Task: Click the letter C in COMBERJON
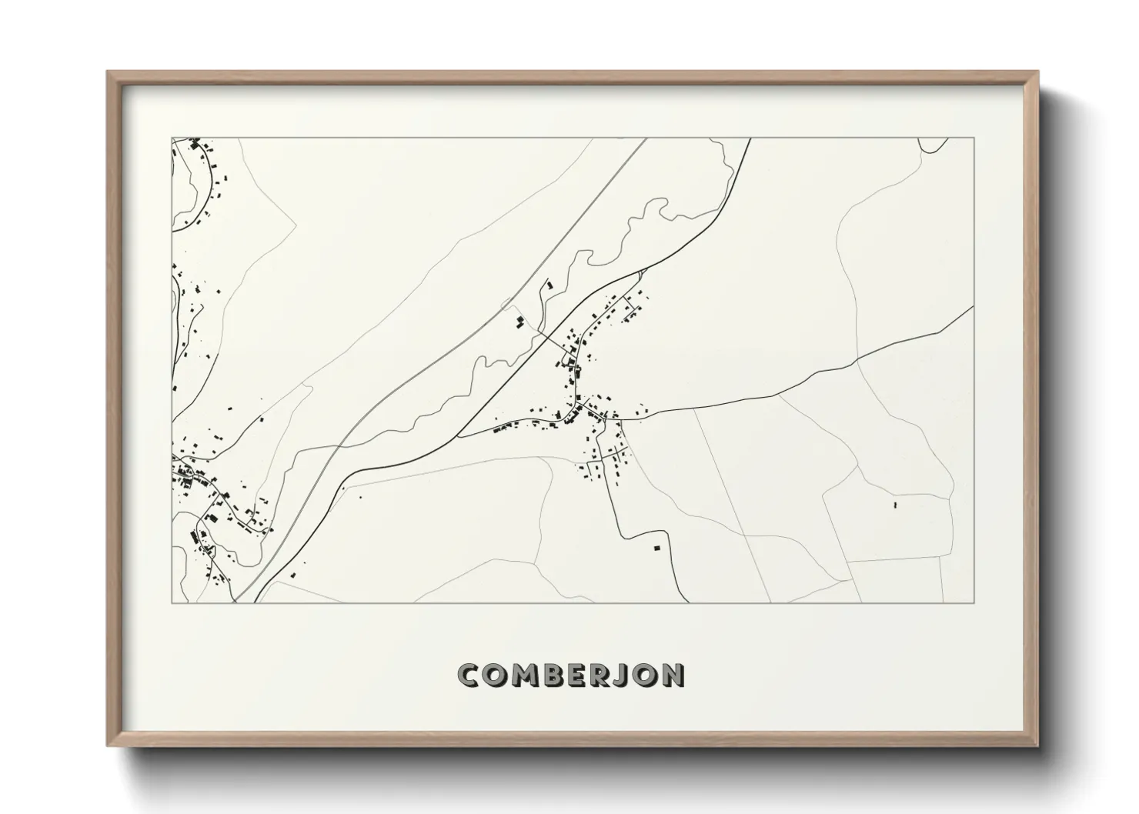469,676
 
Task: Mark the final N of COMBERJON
673,676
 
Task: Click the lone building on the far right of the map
895,505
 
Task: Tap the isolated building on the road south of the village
656,548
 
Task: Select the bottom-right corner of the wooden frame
1039,746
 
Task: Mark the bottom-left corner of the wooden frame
108,746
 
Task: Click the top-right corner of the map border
974,138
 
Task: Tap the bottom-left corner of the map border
172,603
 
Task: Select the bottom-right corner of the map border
974,603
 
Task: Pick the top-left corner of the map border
172,138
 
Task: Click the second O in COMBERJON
646,676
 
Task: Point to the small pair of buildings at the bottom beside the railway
292,574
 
